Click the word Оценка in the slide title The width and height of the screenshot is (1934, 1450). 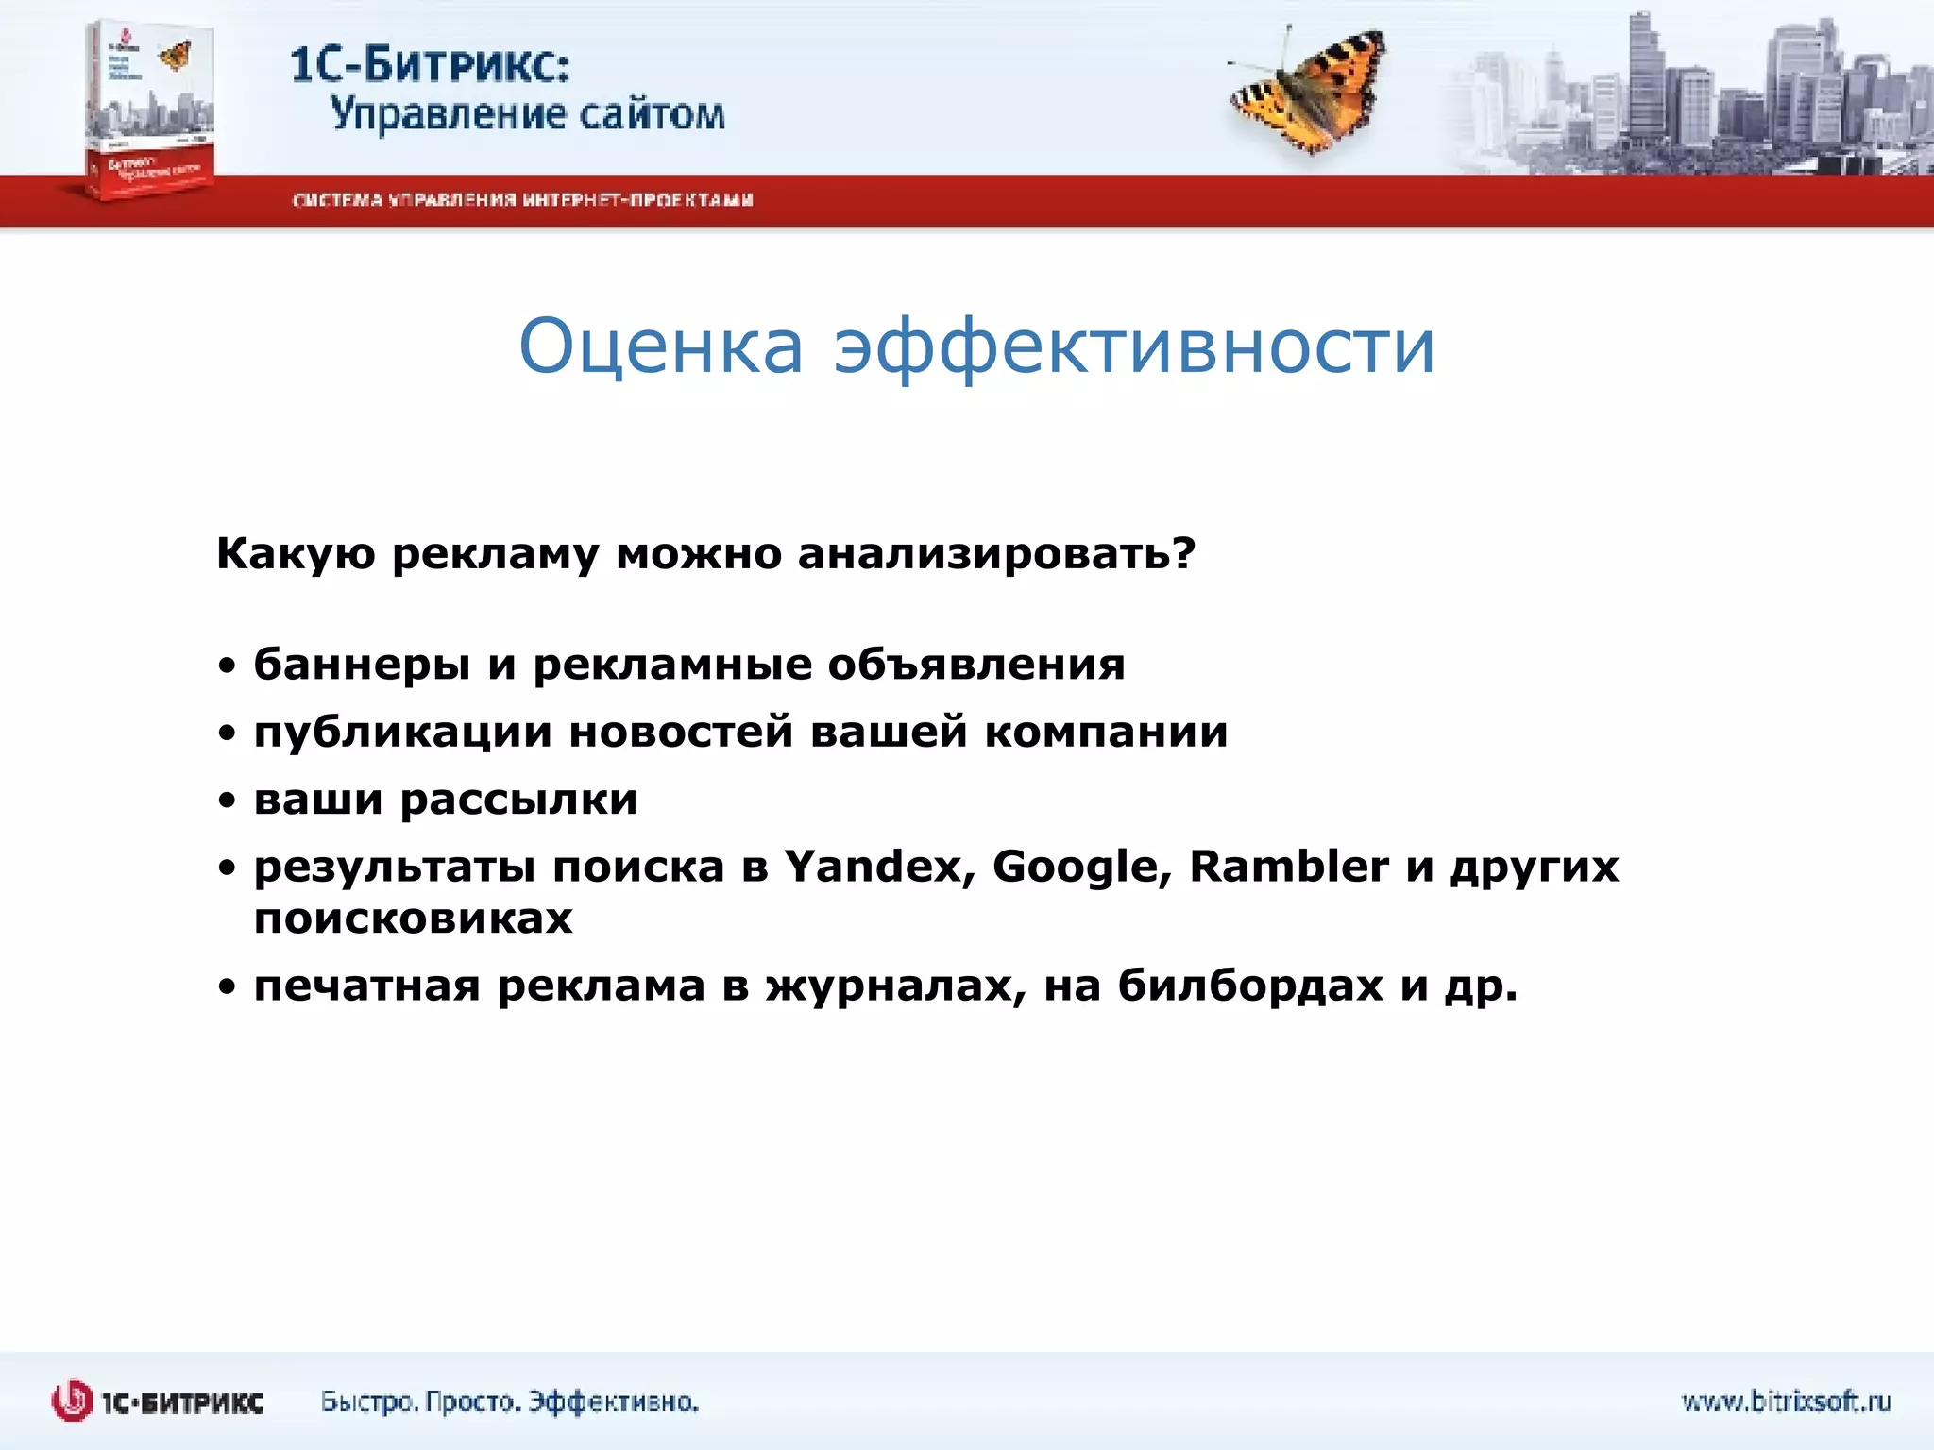[660, 346]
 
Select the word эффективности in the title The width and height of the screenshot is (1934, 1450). [1133, 346]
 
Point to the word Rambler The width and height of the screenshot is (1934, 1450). [1288, 867]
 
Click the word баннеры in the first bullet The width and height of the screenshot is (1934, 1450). [362, 665]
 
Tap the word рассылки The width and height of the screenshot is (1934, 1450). [518, 801]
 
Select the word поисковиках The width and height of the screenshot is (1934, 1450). [413, 918]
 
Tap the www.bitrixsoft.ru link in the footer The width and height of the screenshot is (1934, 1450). [1786, 1401]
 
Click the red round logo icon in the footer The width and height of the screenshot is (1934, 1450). [72, 1401]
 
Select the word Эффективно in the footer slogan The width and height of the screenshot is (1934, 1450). [613, 1402]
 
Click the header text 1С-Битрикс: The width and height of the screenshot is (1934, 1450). [430, 66]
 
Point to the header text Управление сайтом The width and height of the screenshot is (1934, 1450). [527, 115]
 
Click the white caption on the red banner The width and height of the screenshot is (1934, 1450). [522, 200]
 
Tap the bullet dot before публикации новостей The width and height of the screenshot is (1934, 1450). [227, 733]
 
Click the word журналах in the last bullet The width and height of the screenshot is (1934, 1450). [894, 986]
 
